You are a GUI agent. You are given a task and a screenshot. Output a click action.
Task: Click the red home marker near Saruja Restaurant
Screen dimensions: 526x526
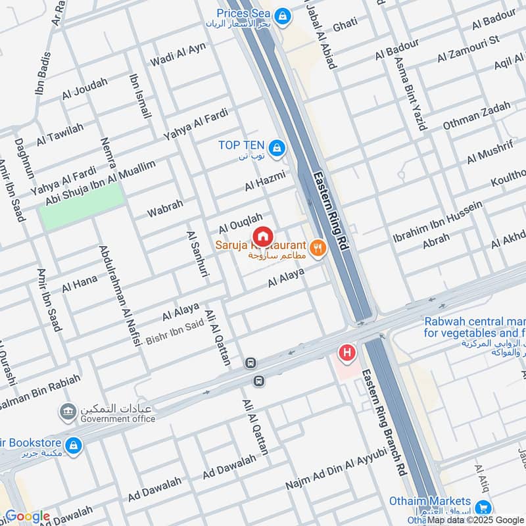[x=262, y=235]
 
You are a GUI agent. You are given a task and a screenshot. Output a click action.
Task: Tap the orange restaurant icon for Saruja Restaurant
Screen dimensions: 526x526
[x=318, y=247]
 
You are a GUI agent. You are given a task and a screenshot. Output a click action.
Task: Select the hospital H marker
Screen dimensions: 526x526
[x=347, y=354]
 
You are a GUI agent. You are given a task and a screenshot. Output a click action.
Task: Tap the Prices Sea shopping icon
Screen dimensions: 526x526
[x=282, y=15]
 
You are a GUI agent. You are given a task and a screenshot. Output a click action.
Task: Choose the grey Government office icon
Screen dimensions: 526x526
[x=67, y=412]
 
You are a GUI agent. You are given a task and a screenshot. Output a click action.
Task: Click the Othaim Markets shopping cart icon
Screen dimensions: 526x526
[x=484, y=507]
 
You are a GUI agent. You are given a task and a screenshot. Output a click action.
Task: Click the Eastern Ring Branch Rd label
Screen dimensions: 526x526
[x=392, y=421]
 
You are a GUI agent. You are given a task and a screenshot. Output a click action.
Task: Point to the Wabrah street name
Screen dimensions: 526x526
[x=165, y=210]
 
